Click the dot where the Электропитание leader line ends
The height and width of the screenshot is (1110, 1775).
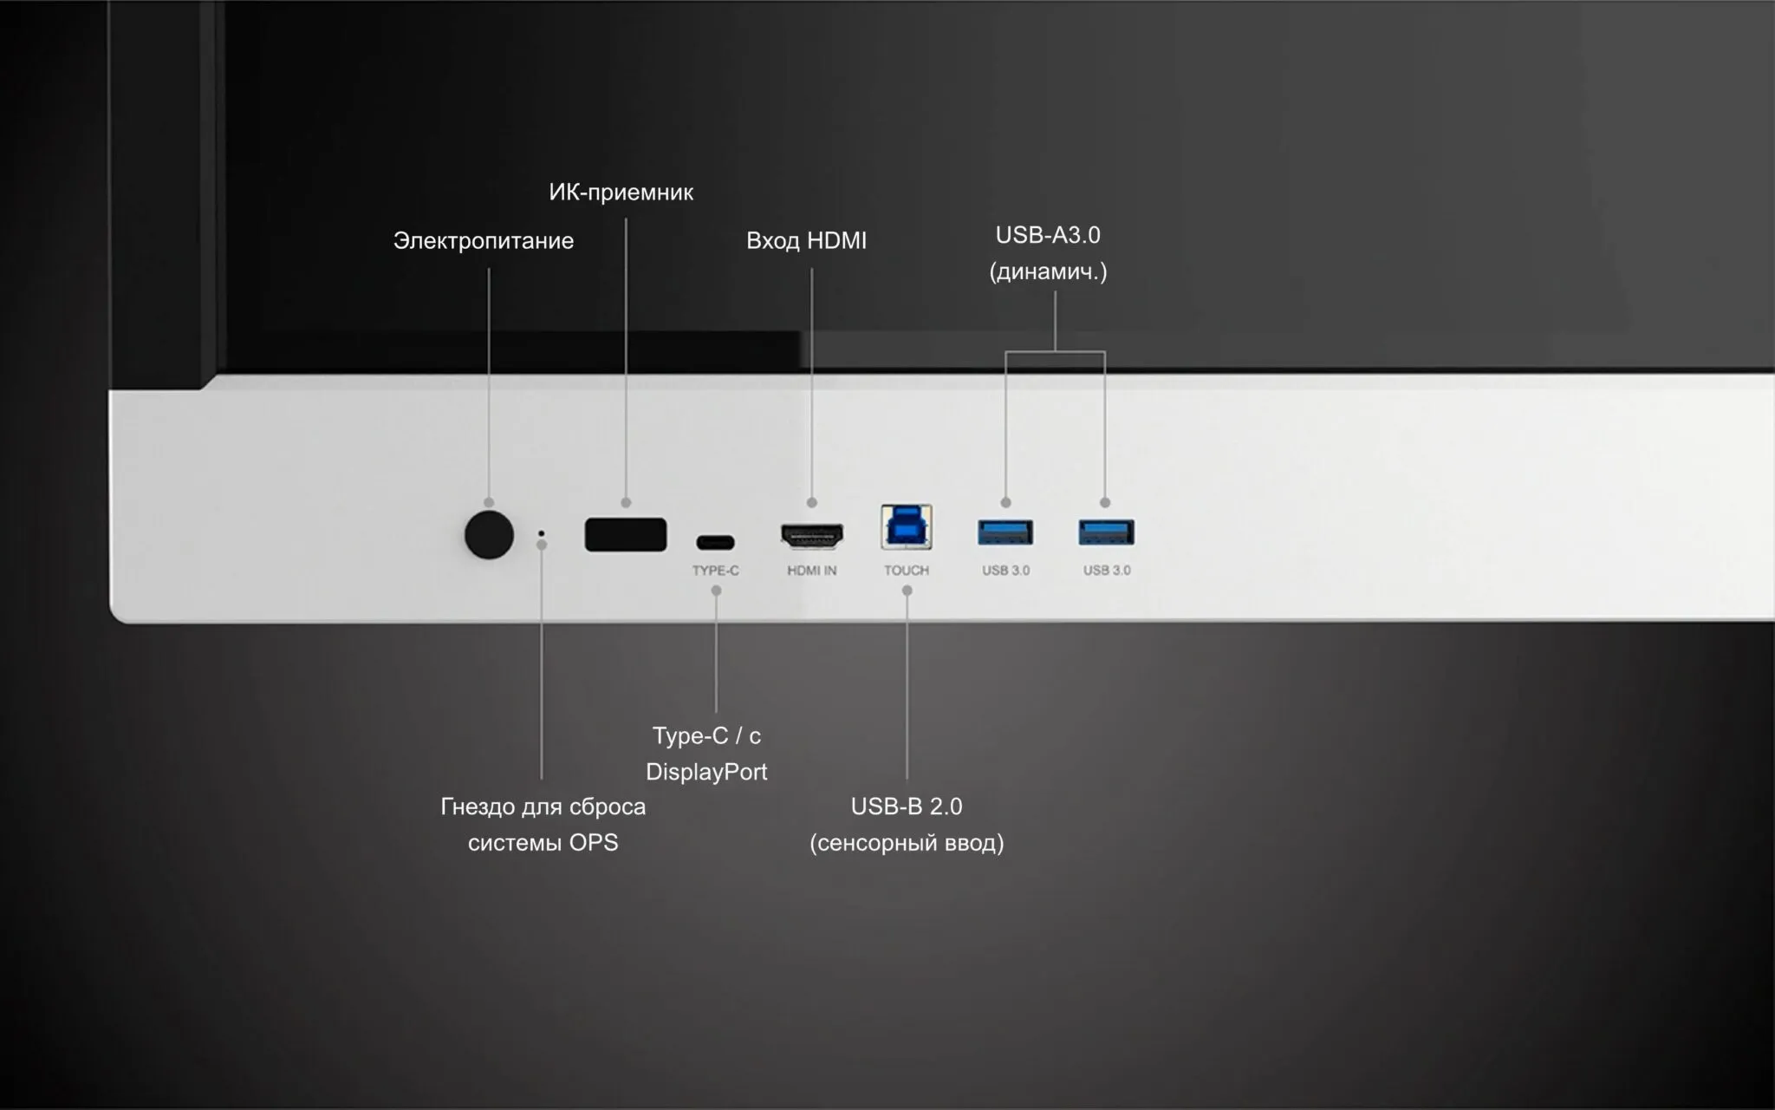click(x=489, y=503)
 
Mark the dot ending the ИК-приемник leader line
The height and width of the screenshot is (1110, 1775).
click(x=626, y=503)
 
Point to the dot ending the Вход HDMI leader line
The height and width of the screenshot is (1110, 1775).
click(x=812, y=503)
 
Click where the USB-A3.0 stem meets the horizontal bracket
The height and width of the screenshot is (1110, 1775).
click(x=1055, y=351)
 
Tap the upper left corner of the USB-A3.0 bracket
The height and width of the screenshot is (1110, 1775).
click(x=1005, y=351)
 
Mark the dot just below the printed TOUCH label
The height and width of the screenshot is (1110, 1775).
click(x=907, y=591)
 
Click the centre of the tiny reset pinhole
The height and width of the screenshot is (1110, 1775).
click(x=542, y=532)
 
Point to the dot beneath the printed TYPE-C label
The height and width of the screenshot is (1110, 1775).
click(x=716, y=591)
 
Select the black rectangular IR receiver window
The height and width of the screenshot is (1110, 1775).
click(x=626, y=534)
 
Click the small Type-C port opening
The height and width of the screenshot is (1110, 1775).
click(x=715, y=543)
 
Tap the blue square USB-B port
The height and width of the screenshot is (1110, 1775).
click(x=907, y=526)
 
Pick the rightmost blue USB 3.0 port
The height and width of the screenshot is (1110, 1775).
click(x=1107, y=532)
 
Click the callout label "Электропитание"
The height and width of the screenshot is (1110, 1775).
click(x=484, y=240)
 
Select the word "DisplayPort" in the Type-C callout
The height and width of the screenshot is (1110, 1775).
click(x=706, y=772)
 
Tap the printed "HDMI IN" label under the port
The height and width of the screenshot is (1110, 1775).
click(x=812, y=570)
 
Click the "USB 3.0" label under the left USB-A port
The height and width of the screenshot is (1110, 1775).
click(x=1006, y=570)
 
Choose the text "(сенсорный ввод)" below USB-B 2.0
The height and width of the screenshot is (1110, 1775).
click(x=907, y=843)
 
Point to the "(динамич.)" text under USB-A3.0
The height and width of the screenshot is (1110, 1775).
click(x=1048, y=272)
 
